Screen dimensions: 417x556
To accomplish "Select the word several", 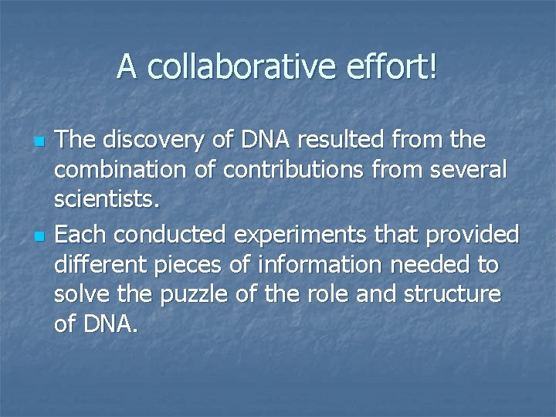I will point(468,171).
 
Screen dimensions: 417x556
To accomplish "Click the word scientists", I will point(107,202).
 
